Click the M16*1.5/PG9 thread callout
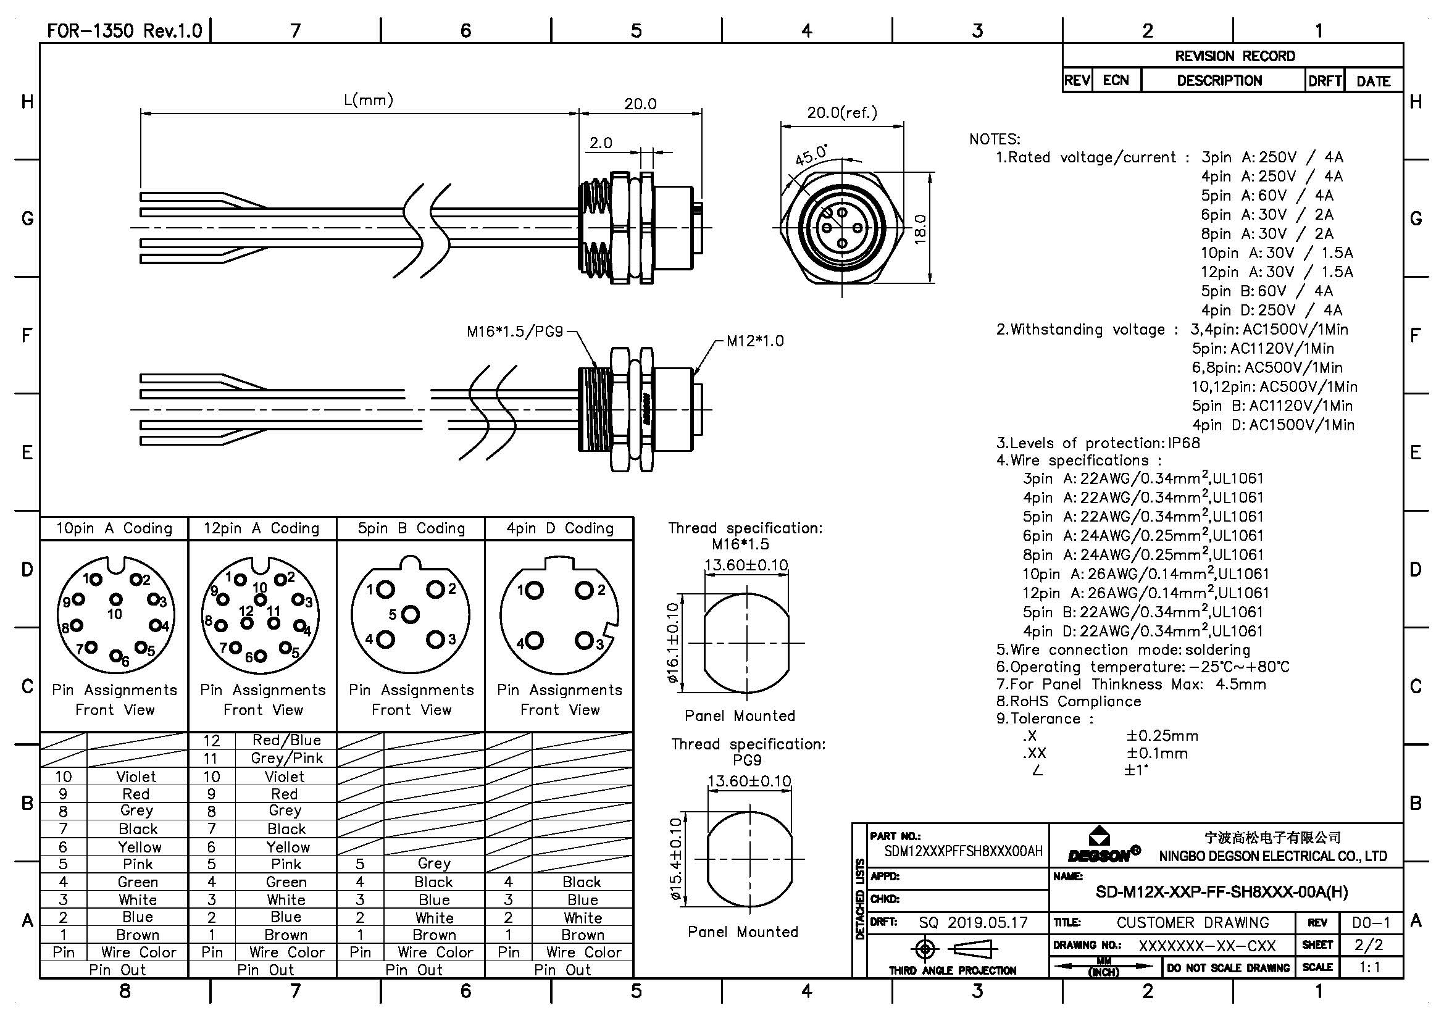[x=514, y=331]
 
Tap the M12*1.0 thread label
[x=754, y=341]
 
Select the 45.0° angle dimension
[x=811, y=154]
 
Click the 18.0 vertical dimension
[x=920, y=229]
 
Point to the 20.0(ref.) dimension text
[x=841, y=113]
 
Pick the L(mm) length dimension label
[x=368, y=100]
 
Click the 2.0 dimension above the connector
[x=600, y=143]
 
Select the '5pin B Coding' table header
[x=411, y=528]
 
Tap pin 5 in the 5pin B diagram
[x=410, y=614]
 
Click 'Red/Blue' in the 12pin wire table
[x=286, y=740]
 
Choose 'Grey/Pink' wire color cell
[x=286, y=758]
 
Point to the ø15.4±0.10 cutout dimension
[x=675, y=859]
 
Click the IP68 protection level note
[x=1183, y=443]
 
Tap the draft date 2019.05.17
[x=987, y=922]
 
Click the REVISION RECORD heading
[x=1235, y=56]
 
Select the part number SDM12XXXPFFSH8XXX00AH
[x=963, y=851]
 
